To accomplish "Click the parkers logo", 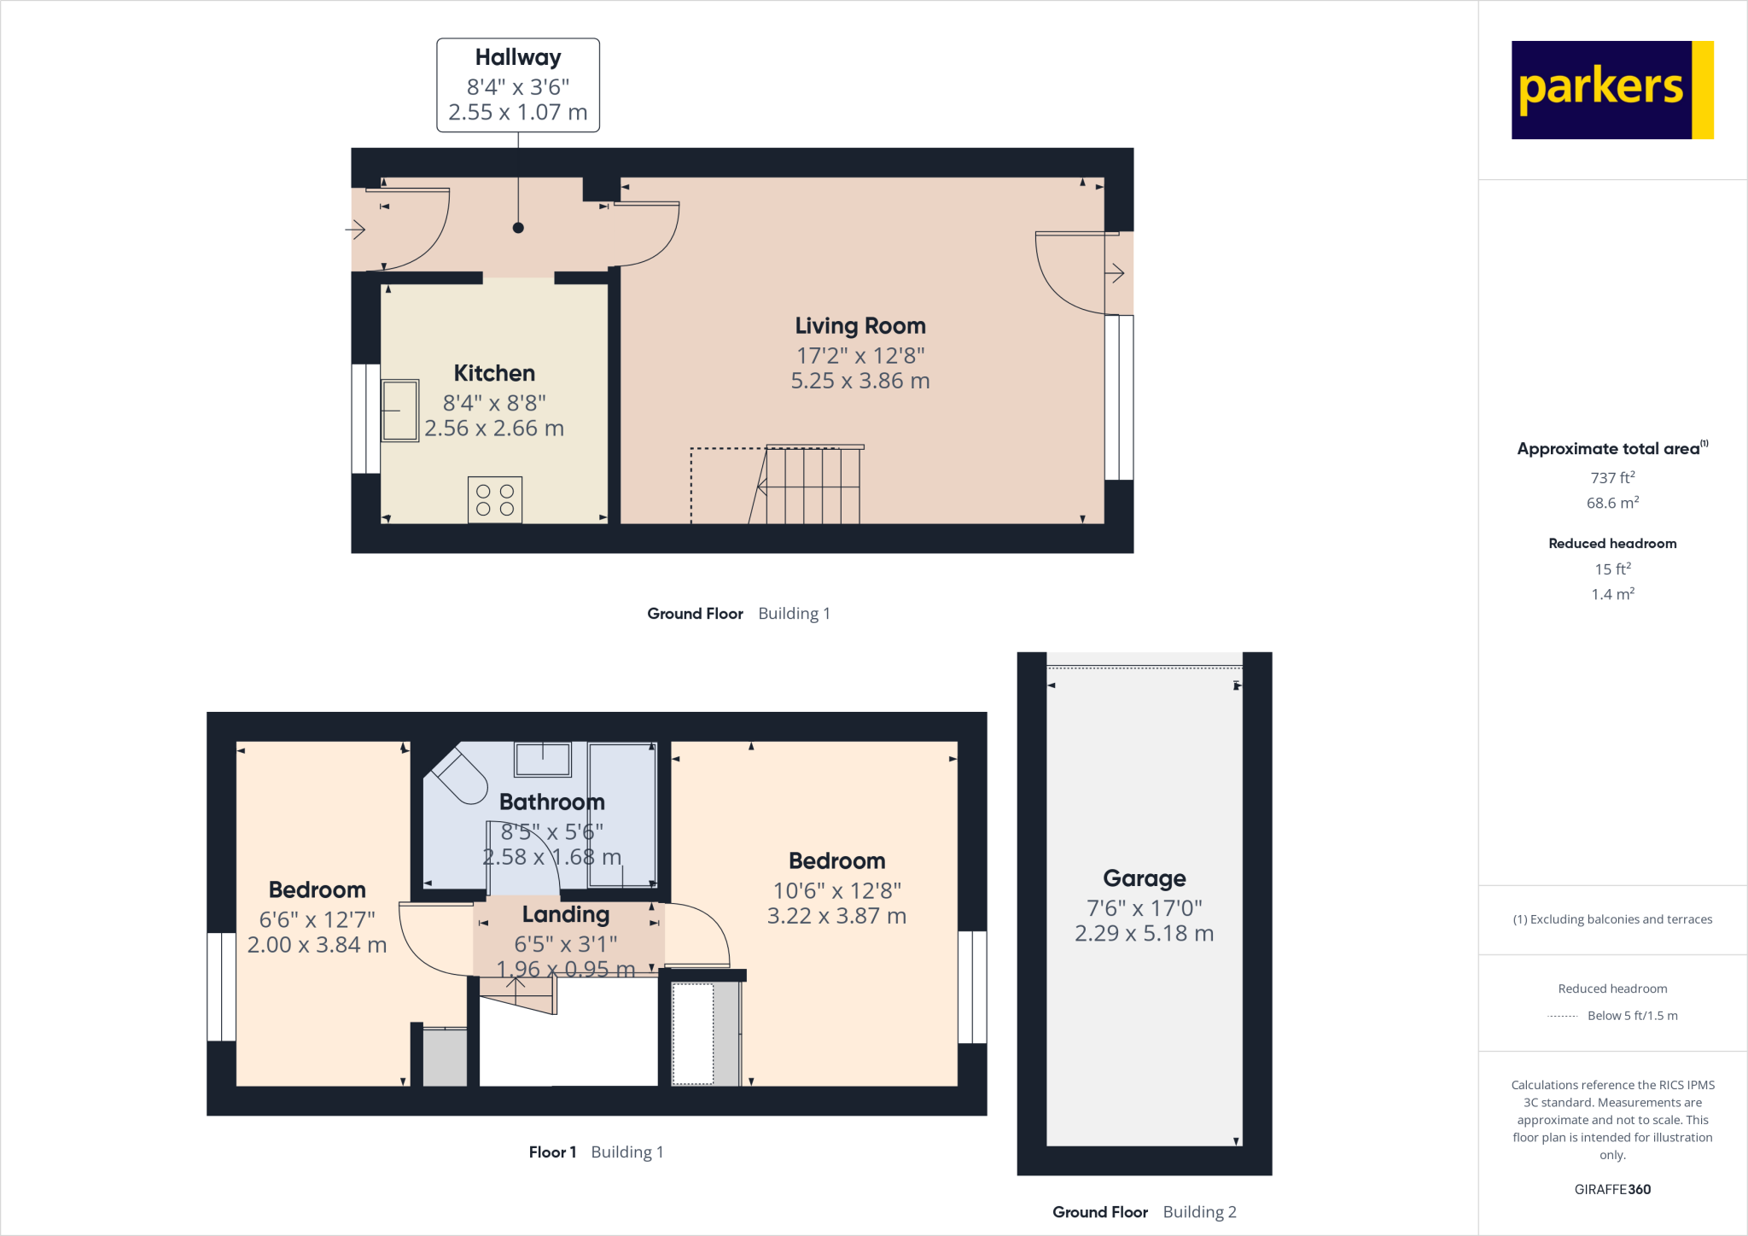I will (1611, 90).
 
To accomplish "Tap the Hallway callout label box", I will (518, 85).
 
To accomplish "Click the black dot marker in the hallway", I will (518, 228).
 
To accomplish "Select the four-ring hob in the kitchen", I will (495, 500).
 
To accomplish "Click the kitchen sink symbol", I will (399, 411).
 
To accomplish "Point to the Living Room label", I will (860, 326).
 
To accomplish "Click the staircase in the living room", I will (811, 485).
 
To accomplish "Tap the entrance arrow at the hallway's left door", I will (356, 229).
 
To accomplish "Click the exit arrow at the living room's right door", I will (1115, 273).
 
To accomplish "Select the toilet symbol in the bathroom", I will (459, 776).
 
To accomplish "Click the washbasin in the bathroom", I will (543, 759).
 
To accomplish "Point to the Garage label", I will (1144, 878).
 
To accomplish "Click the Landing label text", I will (566, 915).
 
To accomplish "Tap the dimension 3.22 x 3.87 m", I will (836, 916).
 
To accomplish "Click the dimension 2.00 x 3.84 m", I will (317, 945).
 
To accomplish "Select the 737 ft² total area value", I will (1612, 478).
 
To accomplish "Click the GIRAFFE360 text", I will (1612, 1189).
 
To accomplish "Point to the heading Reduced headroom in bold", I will (1612, 544).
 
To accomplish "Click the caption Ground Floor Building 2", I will (1144, 1212).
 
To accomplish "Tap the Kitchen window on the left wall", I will (366, 418).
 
